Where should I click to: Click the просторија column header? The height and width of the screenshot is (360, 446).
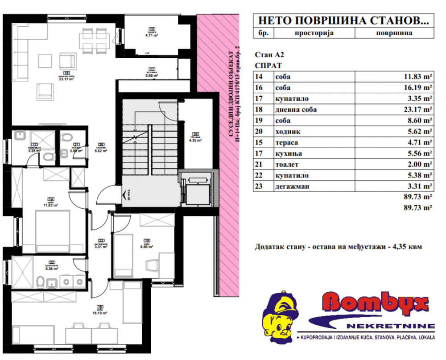click(314, 33)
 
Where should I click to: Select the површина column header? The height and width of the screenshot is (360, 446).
click(394, 33)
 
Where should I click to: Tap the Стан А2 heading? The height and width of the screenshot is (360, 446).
click(269, 54)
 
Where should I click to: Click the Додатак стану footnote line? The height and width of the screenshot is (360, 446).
click(338, 246)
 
